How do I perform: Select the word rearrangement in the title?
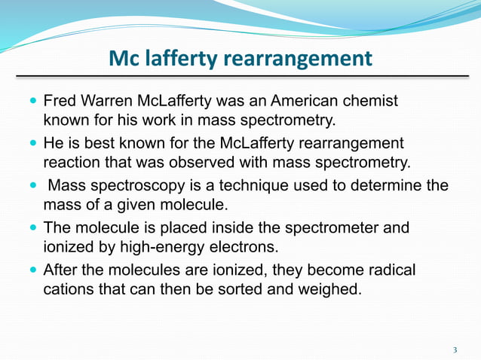[x=302, y=58]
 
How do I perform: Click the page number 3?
[x=455, y=349]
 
